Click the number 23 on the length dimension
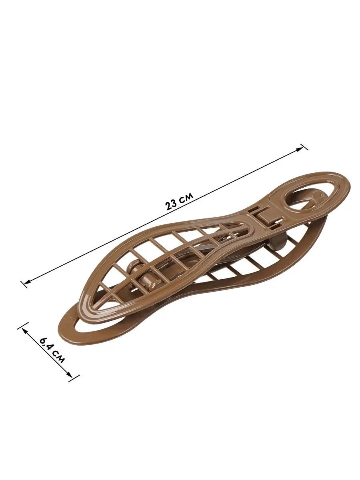tap(171, 205)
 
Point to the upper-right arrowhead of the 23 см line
tap(300, 148)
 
